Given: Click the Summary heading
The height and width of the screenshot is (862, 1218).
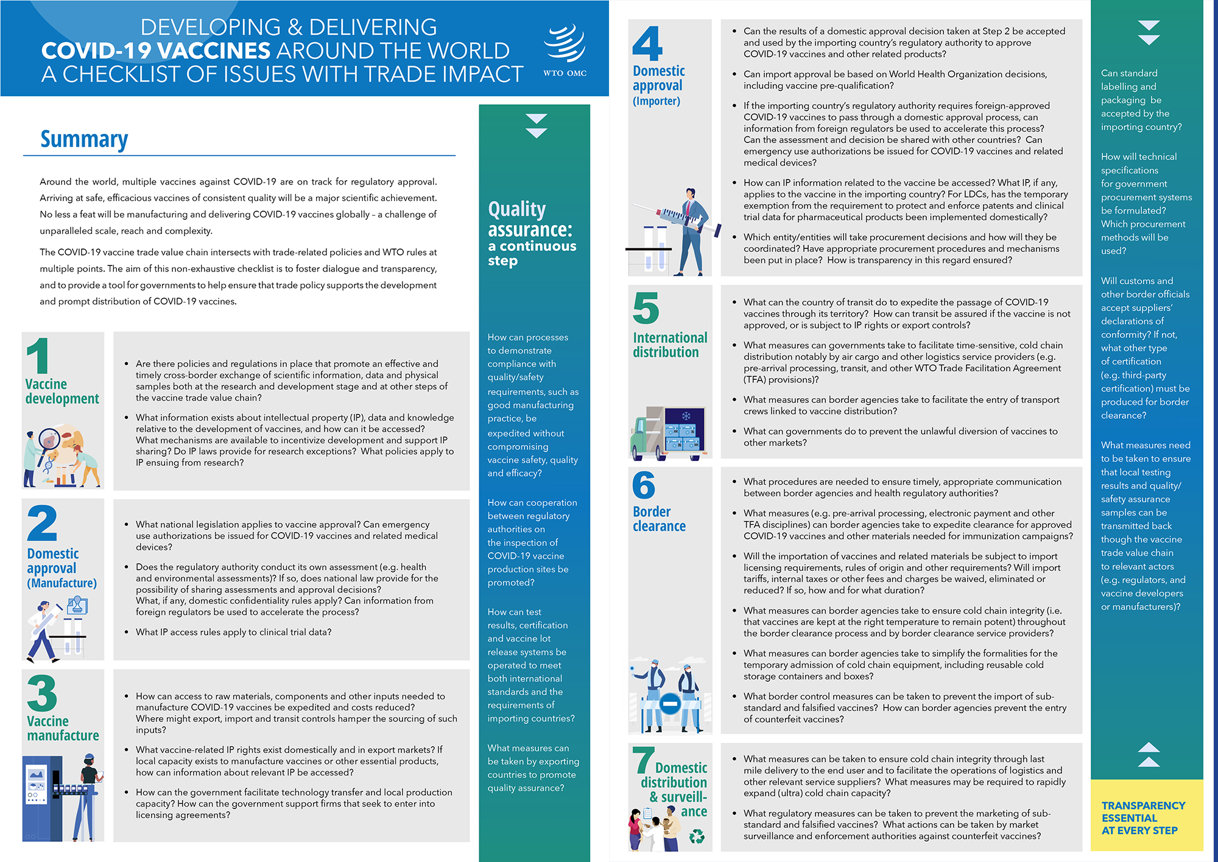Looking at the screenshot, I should [84, 139].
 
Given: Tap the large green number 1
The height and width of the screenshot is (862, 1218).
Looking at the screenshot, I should [38, 356].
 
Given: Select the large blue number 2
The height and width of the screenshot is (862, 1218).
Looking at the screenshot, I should [42, 523].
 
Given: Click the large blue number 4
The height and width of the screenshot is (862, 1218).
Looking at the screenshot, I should [647, 43].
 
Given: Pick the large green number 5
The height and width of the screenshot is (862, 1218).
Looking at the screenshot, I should [646, 308].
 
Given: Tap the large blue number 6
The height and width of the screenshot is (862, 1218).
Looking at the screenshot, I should [644, 485].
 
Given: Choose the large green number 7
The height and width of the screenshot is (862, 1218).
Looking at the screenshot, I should [642, 761].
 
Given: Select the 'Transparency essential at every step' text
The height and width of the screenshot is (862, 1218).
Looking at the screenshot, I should [1143, 818].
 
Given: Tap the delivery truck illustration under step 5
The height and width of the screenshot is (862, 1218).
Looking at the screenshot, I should [668, 432].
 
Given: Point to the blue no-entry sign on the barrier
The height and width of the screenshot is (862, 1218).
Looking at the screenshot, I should [670, 704].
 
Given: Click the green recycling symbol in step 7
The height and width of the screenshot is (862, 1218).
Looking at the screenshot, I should [696, 836].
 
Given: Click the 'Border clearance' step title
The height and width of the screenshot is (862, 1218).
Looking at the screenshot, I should [659, 519].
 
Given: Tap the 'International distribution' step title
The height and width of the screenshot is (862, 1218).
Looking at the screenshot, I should [669, 345].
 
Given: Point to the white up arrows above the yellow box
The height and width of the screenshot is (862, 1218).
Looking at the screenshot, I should [1149, 754].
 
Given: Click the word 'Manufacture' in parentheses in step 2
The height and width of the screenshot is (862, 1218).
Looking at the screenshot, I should [62, 583].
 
